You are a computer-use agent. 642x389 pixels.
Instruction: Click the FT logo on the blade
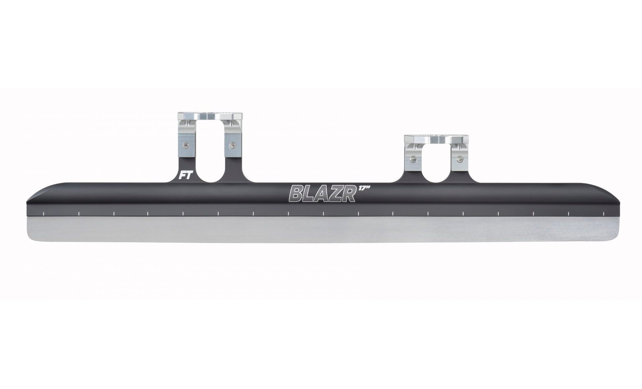(185, 176)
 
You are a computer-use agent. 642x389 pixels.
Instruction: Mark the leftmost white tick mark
(44, 213)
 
